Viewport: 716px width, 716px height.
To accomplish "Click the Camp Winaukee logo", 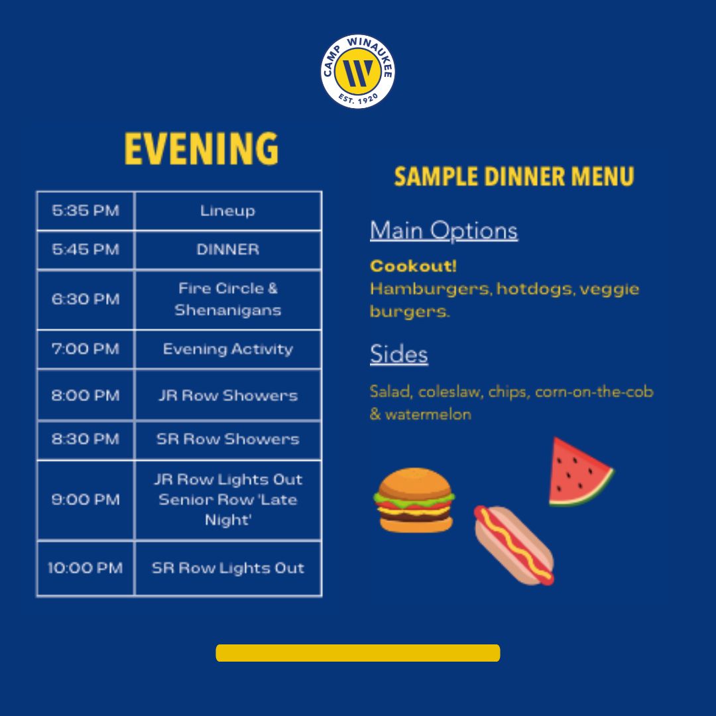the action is click(x=357, y=71).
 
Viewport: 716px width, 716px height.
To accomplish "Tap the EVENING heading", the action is click(x=202, y=149).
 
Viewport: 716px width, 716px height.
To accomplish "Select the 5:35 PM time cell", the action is click(x=86, y=211).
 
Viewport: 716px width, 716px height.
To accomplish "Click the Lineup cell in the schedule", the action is click(x=228, y=211).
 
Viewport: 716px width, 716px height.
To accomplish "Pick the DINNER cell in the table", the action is click(x=228, y=249).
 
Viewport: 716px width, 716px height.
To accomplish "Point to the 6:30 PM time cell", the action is click(x=86, y=299).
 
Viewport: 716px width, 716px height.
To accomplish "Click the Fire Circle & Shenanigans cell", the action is click(x=228, y=299).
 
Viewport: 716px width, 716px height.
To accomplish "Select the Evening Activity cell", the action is click(x=228, y=349).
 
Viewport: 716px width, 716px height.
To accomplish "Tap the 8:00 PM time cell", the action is click(x=86, y=395).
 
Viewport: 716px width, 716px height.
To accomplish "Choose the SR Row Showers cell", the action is click(x=228, y=439).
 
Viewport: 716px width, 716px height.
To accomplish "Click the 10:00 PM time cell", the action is click(x=86, y=567).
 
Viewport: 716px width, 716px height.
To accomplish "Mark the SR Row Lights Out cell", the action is click(x=228, y=567).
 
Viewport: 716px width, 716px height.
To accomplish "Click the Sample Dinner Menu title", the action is click(x=514, y=176).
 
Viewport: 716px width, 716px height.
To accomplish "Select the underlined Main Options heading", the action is click(x=444, y=231).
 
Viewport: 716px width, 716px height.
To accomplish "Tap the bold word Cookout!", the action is click(x=413, y=266).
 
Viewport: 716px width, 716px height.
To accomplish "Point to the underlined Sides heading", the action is click(x=399, y=354).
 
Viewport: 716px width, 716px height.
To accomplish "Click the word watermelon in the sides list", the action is click(x=428, y=414).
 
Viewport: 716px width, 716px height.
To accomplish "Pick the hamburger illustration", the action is click(x=414, y=500).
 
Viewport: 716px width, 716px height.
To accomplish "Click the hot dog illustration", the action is click(x=514, y=545).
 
